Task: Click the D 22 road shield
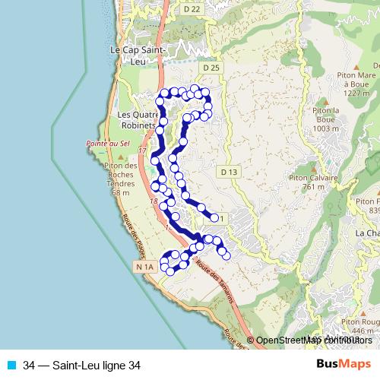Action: point(192,9)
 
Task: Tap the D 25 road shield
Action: point(212,68)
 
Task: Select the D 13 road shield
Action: point(230,172)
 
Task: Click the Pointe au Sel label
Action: point(103,142)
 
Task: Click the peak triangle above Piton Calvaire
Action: point(308,167)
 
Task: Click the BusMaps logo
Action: point(344,365)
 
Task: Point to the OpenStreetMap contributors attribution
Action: point(312,340)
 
